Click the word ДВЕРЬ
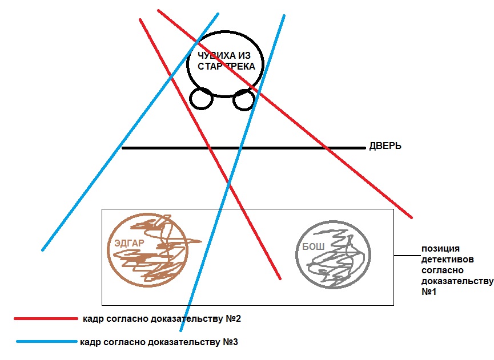coord(385,147)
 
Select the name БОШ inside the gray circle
coord(308,247)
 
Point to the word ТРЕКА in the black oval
coord(240,67)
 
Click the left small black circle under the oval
coord(201,99)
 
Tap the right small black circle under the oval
coord(244,100)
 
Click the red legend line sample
coord(46,318)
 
